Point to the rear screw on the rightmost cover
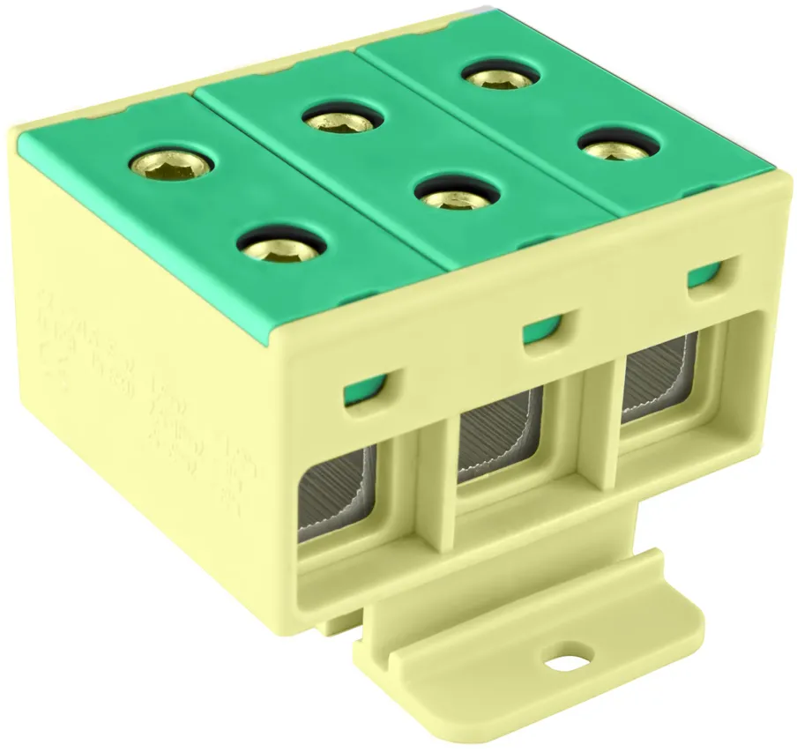(500, 77)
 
